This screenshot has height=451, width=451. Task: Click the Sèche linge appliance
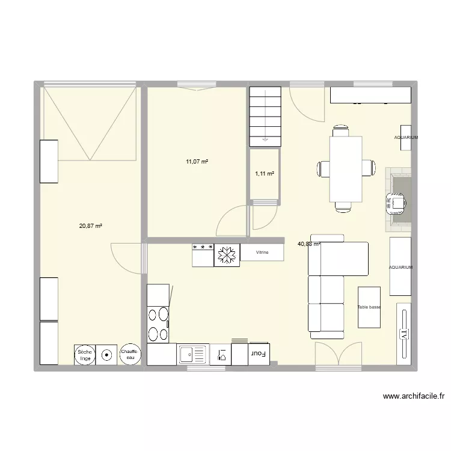[85, 355]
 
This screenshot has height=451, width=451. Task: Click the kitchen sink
[192, 354]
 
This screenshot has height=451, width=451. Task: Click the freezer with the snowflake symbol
[227, 255]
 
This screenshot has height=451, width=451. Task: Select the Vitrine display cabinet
[262, 253]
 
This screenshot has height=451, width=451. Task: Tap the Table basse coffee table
[369, 307]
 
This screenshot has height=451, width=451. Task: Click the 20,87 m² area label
[90, 226]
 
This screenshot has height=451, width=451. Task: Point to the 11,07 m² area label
[197, 161]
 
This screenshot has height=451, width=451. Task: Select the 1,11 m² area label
[265, 173]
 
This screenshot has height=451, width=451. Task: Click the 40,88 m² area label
[309, 244]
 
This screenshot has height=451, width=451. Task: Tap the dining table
[345, 169]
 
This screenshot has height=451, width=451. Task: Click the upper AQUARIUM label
[405, 138]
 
